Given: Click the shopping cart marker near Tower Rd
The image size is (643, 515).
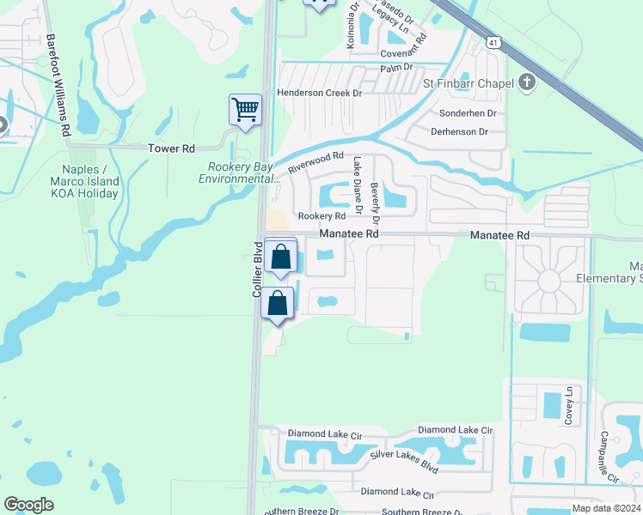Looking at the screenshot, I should pos(245,110).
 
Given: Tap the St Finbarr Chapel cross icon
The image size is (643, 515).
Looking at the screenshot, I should pos(527,82).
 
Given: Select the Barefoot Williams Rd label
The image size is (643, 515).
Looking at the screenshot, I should pos(58,85).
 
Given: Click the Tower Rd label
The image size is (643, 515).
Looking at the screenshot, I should pos(171,148).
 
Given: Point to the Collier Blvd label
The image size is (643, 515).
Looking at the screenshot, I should pos(256,270).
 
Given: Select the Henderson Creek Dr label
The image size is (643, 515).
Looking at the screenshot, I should pos(320,93).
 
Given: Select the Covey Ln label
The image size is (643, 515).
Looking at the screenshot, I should pos(568,405).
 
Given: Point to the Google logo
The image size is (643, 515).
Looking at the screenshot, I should pos(29,505).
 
